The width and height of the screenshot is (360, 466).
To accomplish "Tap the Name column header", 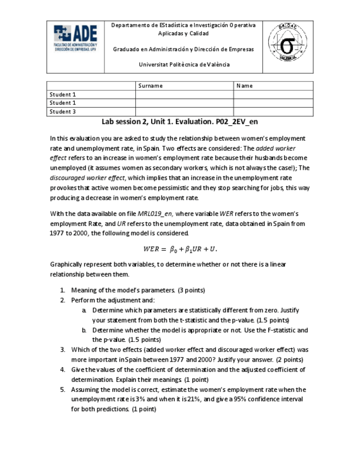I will [x=244, y=86].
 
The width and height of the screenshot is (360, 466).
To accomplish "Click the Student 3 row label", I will [x=63, y=112].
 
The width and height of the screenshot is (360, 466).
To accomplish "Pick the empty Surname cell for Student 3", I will [x=184, y=112].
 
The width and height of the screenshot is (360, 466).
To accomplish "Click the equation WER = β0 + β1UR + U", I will [x=180, y=248].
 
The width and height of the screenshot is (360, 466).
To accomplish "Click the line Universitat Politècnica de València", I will [x=184, y=64].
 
